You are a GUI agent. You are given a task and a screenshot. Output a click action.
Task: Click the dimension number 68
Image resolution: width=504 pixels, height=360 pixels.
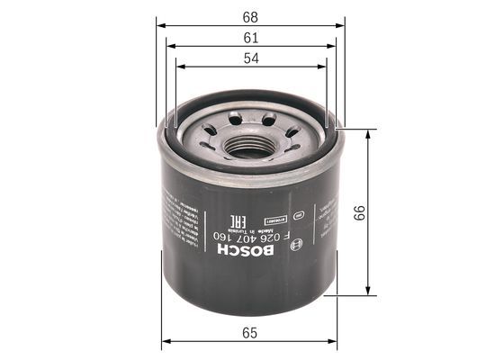tap(250, 16)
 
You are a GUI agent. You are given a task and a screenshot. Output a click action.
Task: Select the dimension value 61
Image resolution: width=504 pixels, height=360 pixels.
tap(250, 38)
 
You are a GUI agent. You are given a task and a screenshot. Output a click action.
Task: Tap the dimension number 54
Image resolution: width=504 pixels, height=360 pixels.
tap(250, 58)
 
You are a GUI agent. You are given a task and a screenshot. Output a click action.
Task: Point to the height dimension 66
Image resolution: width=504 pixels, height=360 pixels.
tap(359, 212)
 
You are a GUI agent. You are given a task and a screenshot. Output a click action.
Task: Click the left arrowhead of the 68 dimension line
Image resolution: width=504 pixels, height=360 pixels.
tap(160, 24)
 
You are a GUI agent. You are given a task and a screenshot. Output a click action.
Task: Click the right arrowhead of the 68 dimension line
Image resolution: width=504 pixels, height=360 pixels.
tap(341, 24)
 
